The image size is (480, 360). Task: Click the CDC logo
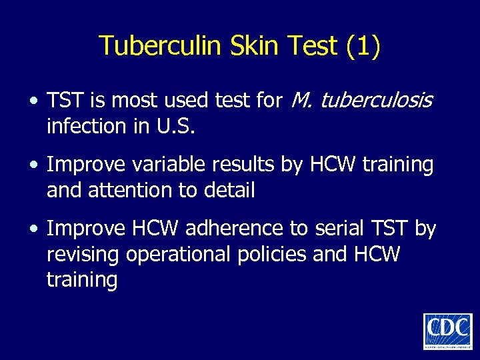[447, 331]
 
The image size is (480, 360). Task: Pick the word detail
[229, 191]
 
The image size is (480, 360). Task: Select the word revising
[84, 255]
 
